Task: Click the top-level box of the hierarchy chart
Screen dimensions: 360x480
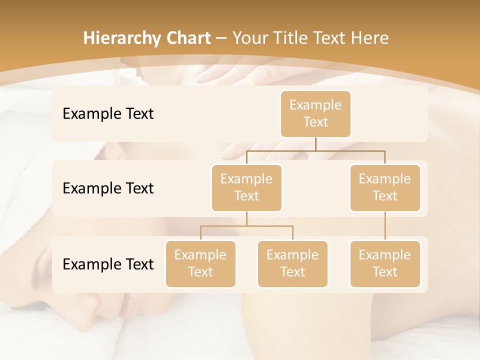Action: coord(315,113)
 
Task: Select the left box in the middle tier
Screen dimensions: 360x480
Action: coord(246,187)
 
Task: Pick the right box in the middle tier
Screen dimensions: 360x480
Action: coord(385,187)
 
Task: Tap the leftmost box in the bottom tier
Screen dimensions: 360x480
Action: coord(200,263)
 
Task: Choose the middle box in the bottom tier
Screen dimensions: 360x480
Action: coord(292,263)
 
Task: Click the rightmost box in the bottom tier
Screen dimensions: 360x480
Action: coord(385,263)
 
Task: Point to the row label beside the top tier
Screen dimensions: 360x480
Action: coord(108,114)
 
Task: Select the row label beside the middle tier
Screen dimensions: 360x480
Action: coord(108,188)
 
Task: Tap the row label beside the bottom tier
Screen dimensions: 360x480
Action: coord(108,264)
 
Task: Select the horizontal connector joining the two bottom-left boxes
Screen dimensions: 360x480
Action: coord(246,226)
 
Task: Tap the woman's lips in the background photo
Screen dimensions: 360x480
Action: coord(126,305)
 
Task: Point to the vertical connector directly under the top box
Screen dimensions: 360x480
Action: coord(315,144)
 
